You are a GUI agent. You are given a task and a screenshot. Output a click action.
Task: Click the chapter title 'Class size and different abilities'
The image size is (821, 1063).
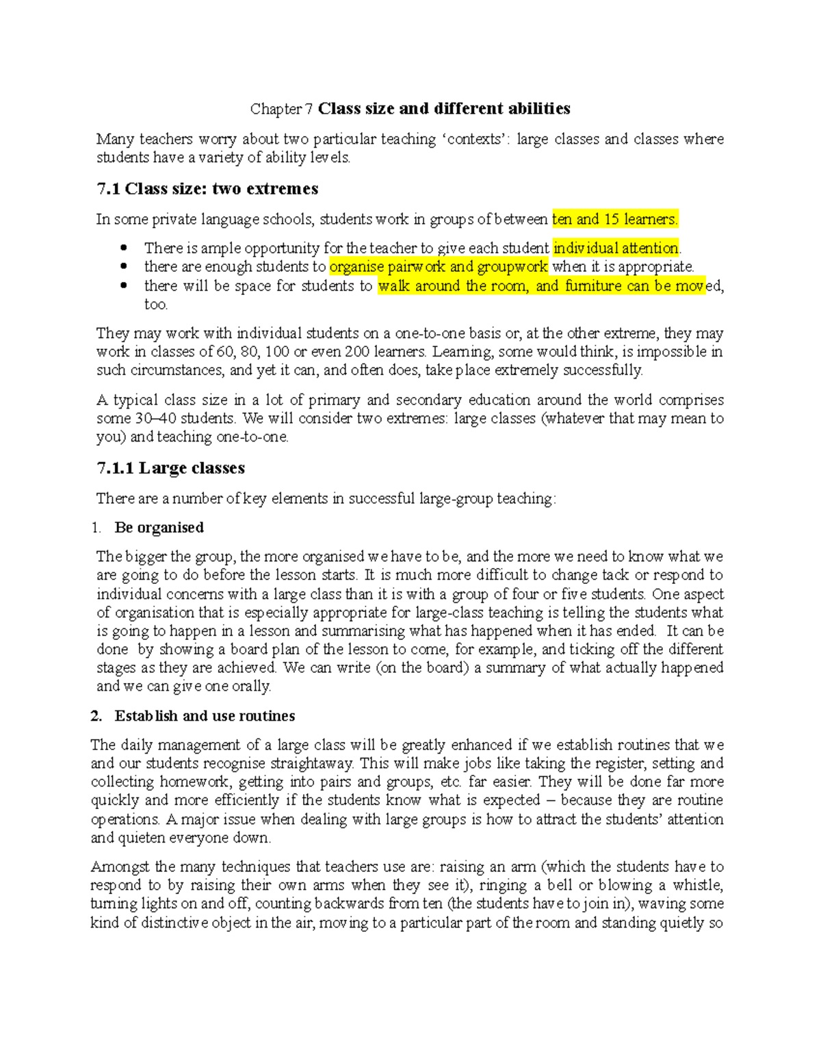click(444, 109)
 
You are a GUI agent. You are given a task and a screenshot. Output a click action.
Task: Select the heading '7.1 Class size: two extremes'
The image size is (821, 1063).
click(207, 189)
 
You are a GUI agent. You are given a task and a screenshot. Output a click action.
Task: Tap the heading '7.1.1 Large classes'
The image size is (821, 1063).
click(170, 468)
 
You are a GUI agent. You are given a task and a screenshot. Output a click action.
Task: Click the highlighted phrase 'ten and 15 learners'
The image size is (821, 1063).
click(614, 219)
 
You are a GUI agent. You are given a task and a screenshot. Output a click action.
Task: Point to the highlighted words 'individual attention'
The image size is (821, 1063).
click(616, 248)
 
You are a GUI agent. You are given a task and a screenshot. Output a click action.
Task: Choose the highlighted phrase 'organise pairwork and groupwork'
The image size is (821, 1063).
click(439, 266)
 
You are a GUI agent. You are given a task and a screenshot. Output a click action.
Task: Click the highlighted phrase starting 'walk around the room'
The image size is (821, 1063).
click(540, 285)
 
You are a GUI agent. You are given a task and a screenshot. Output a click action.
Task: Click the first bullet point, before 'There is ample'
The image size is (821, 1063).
click(124, 248)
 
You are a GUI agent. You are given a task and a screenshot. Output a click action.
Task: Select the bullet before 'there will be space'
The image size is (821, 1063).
click(124, 285)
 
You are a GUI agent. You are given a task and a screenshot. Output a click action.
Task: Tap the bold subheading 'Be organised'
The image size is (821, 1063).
click(159, 528)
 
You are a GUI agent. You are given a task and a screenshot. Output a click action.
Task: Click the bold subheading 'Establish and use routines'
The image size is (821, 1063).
click(205, 716)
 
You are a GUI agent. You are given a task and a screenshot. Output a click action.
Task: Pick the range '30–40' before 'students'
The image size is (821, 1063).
click(156, 418)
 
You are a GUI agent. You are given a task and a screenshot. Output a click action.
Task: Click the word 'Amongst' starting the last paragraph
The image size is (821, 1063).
click(120, 867)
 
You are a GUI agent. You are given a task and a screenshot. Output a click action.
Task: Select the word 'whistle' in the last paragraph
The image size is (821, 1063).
click(697, 885)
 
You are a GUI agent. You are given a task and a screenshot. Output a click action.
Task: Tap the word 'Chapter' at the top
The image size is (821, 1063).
click(276, 109)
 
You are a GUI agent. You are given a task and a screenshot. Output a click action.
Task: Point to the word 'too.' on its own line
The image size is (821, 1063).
click(156, 304)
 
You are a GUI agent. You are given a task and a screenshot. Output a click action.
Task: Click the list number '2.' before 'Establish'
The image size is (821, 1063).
click(96, 716)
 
